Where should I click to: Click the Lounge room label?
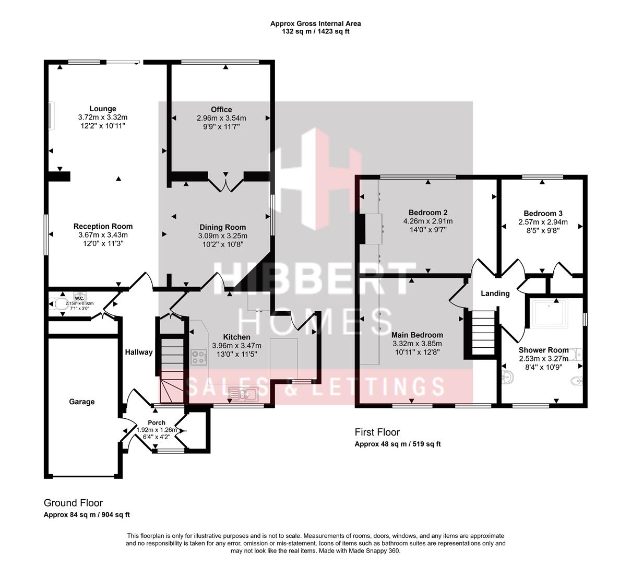point(102,109)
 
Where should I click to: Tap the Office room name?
point(221,109)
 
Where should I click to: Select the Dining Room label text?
point(222,227)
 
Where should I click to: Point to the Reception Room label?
point(103,226)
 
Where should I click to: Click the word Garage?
point(82,402)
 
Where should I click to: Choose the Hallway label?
point(138,352)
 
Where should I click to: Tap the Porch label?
point(157,422)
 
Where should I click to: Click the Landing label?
point(495,293)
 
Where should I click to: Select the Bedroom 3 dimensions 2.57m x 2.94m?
point(543,222)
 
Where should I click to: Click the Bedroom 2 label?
point(428,213)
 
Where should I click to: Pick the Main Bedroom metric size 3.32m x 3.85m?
point(417,344)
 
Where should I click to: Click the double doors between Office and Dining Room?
point(225,184)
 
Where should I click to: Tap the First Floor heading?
point(377,432)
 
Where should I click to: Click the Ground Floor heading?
point(73,503)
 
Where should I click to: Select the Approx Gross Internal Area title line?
point(315,23)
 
